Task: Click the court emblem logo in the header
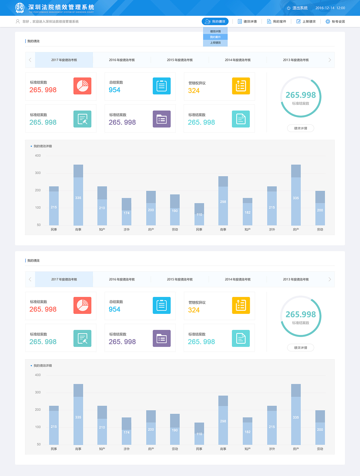click(x=19, y=8)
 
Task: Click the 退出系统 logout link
click(x=297, y=8)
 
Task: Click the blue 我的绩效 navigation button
click(x=215, y=21)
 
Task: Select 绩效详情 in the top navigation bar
click(x=247, y=21)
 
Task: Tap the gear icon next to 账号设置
click(x=328, y=21)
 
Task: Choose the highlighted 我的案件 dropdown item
click(x=215, y=37)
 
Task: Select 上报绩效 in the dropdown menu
click(x=215, y=43)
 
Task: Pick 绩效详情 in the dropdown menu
click(x=215, y=31)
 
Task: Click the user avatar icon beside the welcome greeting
click(x=18, y=21)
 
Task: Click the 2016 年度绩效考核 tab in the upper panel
click(x=122, y=60)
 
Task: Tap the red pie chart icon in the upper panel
click(x=82, y=86)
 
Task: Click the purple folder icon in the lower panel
click(x=162, y=338)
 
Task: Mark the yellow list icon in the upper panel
click(x=241, y=86)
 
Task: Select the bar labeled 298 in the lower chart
click(x=223, y=420)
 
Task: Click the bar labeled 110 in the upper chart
click(x=199, y=214)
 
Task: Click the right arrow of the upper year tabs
click(x=330, y=60)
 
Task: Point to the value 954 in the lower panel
click(x=114, y=309)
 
